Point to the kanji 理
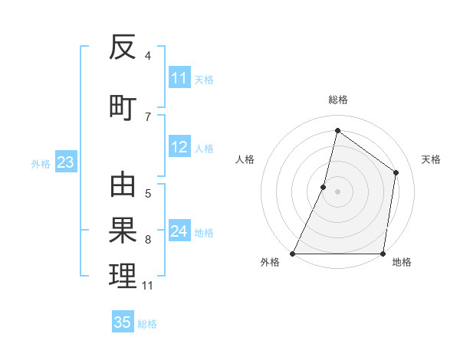pos(123,277)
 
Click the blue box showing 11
pos(179,78)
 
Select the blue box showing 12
pos(179,147)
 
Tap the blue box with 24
pos(179,231)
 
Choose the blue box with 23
pos(65,162)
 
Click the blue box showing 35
pos(123,322)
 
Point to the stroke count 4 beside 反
pos(148,56)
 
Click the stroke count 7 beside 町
pos(148,117)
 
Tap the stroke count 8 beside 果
pos(148,240)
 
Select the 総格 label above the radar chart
pos(337,100)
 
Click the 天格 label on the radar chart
pos(431,159)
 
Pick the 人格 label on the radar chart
pos(245,159)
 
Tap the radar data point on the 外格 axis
pos(293,254)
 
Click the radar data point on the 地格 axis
pos(383,254)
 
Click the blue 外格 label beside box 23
pos(41,163)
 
